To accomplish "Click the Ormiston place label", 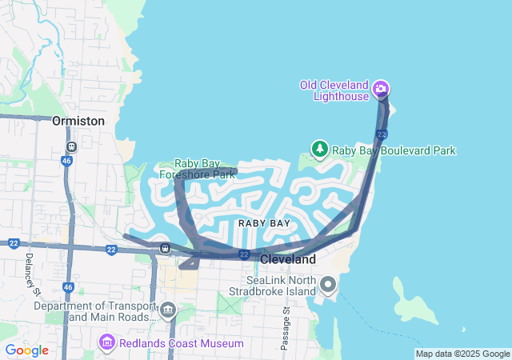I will (x=78, y=121).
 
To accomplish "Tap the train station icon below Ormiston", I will (x=71, y=146).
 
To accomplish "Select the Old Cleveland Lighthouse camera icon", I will (x=382, y=87).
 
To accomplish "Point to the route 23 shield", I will (x=382, y=134).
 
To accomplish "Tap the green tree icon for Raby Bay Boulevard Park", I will (x=320, y=149).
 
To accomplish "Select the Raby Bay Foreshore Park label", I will (x=197, y=168).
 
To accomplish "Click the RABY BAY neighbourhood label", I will (x=265, y=222).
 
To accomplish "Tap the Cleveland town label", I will (x=288, y=260).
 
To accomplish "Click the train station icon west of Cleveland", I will (x=166, y=248).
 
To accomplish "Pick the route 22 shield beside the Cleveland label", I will (x=243, y=254).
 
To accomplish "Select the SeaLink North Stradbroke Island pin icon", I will (x=328, y=284).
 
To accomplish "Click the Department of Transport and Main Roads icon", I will (x=167, y=309).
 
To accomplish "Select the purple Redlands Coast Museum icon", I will (x=106, y=343).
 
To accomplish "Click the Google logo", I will (x=26, y=350).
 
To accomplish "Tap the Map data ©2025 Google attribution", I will (x=462, y=354).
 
